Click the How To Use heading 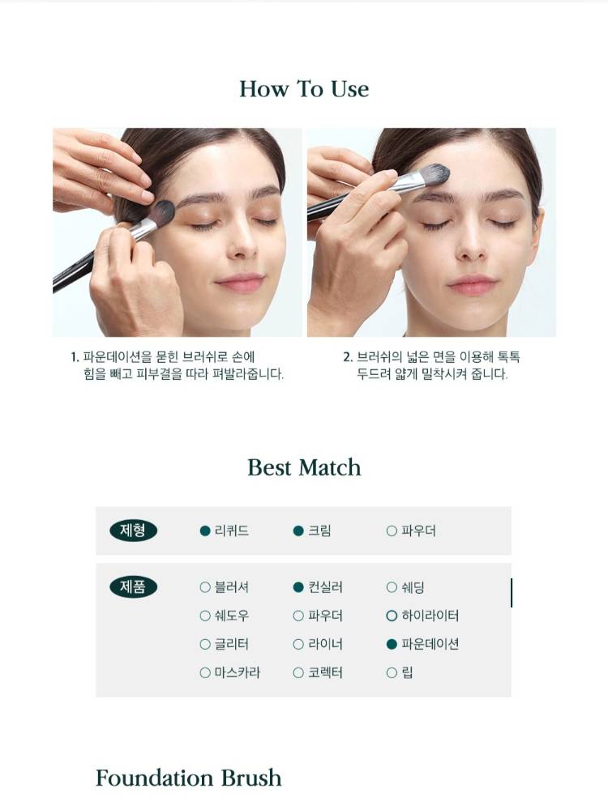[304, 89]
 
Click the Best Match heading [304, 467]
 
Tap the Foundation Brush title [189, 778]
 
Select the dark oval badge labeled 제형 [133, 531]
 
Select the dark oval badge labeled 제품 [133, 586]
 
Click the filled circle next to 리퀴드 [205, 531]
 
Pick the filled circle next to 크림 [298, 531]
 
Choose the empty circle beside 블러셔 [205, 587]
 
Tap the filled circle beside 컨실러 [298, 587]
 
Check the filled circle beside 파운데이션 [392, 644]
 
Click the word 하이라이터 [430, 616]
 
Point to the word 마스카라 [238, 672]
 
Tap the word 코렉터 [325, 672]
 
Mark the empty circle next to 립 [392, 672]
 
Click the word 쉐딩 [413, 587]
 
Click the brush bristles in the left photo [162, 211]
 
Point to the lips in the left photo [240, 283]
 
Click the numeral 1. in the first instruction [75, 357]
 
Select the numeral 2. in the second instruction [348, 357]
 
